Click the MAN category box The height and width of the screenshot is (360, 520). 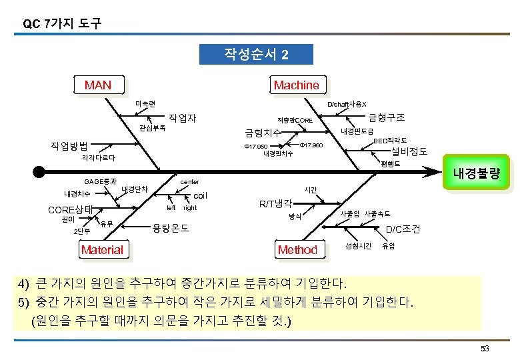pyautogui.click(x=98, y=85)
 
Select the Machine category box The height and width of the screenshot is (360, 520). pyautogui.click(x=296, y=85)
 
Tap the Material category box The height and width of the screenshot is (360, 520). pyautogui.click(x=102, y=250)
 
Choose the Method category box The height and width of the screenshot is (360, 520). pyautogui.click(x=297, y=250)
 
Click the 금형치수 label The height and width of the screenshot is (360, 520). pyautogui.click(x=262, y=133)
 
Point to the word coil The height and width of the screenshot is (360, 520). pyautogui.click(x=200, y=196)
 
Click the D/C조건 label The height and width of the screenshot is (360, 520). pyautogui.click(x=403, y=229)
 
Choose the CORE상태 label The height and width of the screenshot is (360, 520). pyautogui.click(x=71, y=209)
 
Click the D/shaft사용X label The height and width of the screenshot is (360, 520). pyautogui.click(x=347, y=105)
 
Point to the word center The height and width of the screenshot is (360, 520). pyautogui.click(x=190, y=181)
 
